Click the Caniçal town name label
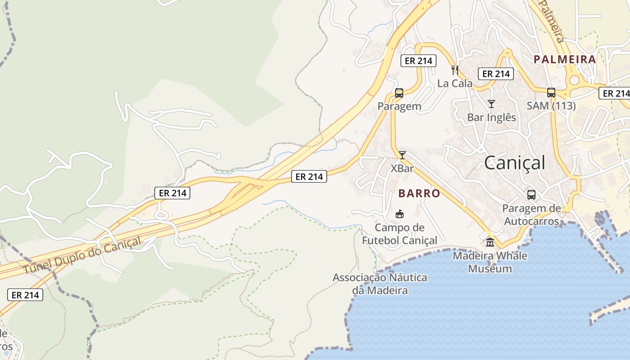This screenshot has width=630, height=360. [x=514, y=162]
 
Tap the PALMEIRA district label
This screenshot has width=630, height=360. [x=564, y=59]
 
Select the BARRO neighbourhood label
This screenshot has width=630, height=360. [x=419, y=193]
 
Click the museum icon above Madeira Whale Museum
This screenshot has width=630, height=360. [x=490, y=242]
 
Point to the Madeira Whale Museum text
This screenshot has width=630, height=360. [x=490, y=262]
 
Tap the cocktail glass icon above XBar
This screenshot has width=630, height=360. [x=402, y=155]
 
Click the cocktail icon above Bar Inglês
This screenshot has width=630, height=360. [x=491, y=104]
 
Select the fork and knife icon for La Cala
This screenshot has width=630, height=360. [x=455, y=70]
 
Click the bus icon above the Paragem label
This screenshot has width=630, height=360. [x=399, y=93]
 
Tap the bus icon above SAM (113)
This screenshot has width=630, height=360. [x=551, y=93]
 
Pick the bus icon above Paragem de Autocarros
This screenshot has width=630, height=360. [x=531, y=195]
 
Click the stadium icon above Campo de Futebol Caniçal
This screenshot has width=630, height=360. [x=399, y=214]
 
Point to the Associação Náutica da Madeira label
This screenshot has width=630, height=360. [x=380, y=283]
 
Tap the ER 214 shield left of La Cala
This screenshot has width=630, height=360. [x=418, y=61]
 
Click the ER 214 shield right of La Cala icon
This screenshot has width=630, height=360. [x=495, y=74]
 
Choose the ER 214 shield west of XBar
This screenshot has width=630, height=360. [x=309, y=177]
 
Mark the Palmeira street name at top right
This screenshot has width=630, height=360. [x=552, y=20]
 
